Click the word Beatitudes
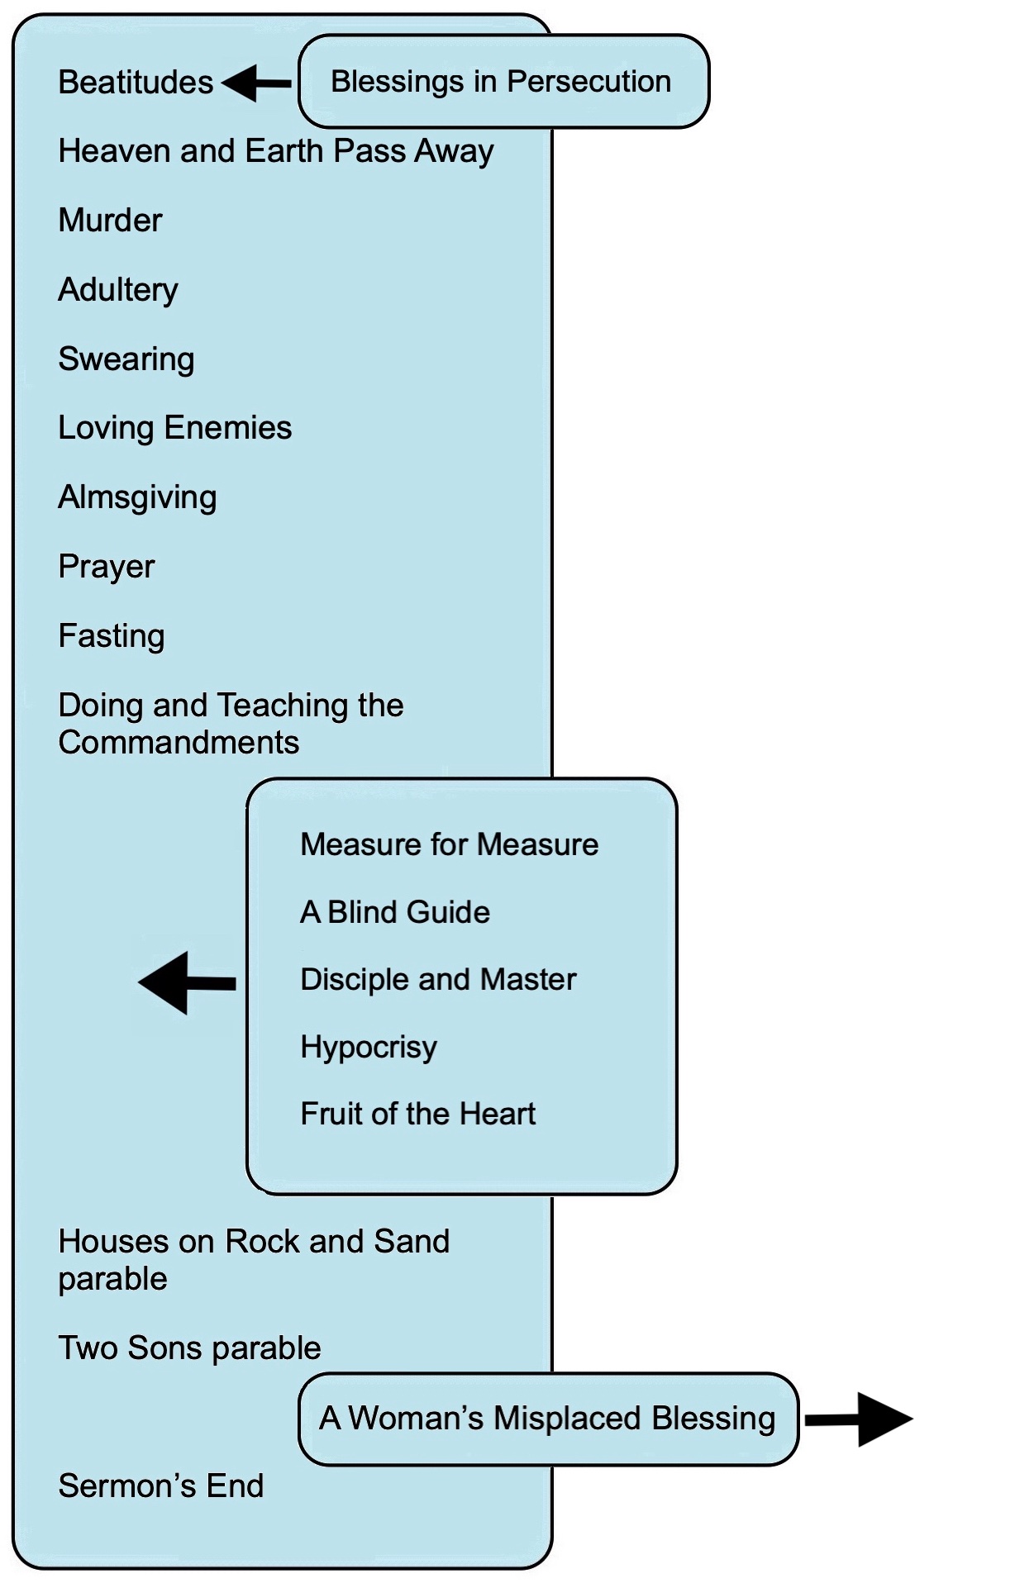pos(136,83)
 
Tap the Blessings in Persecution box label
pos(501,82)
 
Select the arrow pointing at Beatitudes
pos(256,83)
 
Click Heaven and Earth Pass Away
pos(276,151)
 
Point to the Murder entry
pos(110,221)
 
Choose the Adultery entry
pos(118,290)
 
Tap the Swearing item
pos(126,359)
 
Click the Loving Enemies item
pos(175,428)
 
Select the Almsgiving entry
pos(137,497)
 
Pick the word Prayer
pos(107,567)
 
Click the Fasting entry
pos(112,636)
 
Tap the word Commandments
pos(179,742)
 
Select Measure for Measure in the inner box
pos(450,844)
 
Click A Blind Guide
pos(395,912)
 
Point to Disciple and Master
pos(438,979)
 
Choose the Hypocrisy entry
pos(369,1048)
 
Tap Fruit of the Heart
pos(418,1114)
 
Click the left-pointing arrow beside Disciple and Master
pos(187,982)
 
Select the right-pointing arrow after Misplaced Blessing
pos(859,1419)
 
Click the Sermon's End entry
pos(161,1486)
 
